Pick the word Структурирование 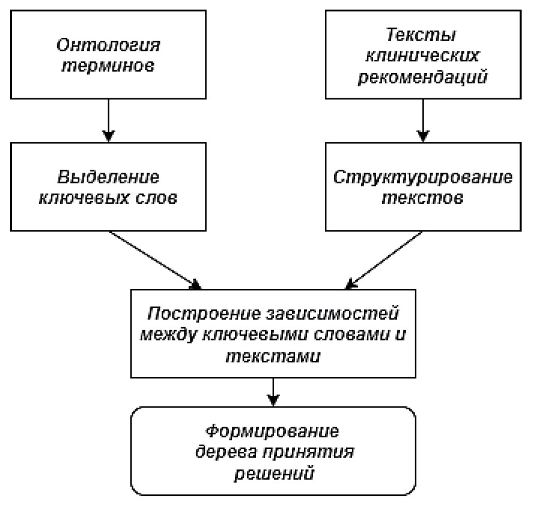point(423,177)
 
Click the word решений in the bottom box point(273,473)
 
